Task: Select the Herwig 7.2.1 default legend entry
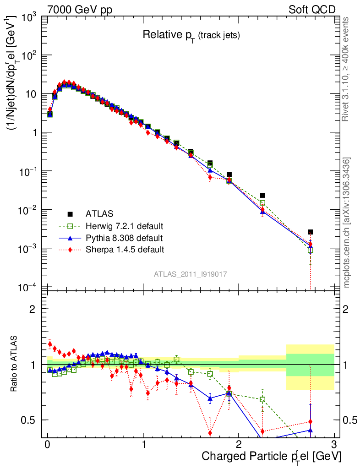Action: (x=124, y=226)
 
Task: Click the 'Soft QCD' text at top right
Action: (x=312, y=9)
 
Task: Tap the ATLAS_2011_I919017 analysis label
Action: (x=191, y=274)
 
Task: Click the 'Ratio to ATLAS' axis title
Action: (x=15, y=365)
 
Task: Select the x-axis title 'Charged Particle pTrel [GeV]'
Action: (x=272, y=456)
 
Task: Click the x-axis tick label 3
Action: (x=334, y=444)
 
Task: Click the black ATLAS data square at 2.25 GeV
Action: (x=262, y=196)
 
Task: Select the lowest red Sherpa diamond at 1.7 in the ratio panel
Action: (x=210, y=432)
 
